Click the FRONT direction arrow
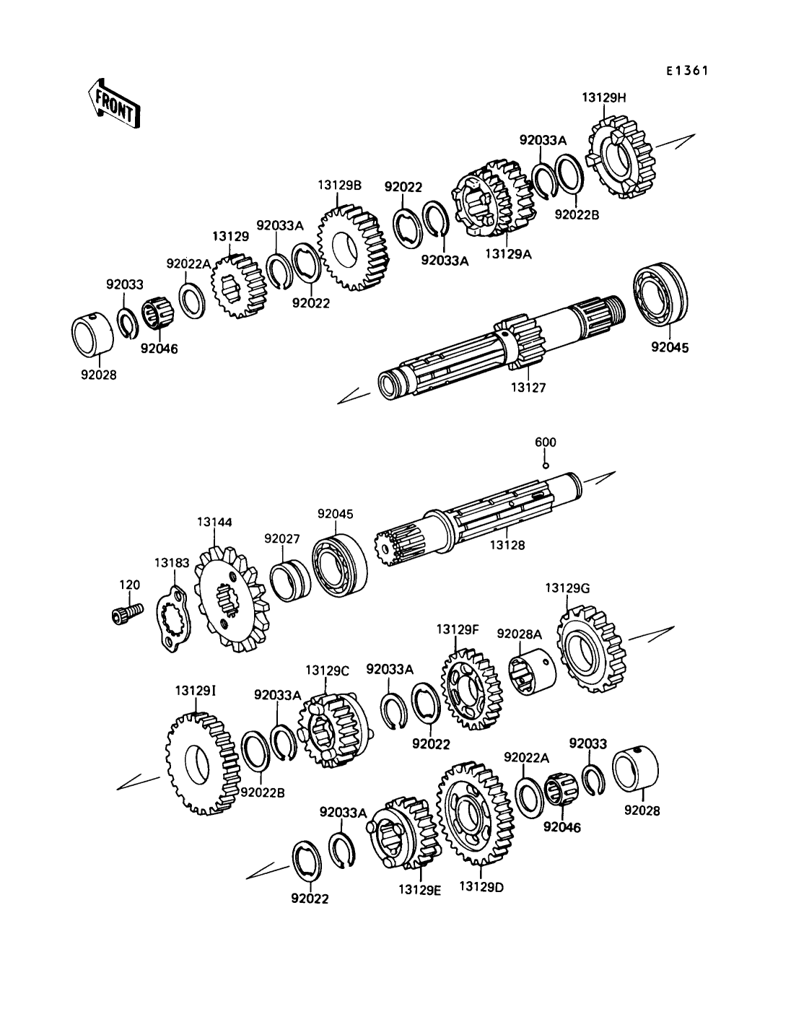click(113, 103)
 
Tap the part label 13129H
click(604, 97)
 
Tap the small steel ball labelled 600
click(546, 466)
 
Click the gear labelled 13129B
click(354, 247)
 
